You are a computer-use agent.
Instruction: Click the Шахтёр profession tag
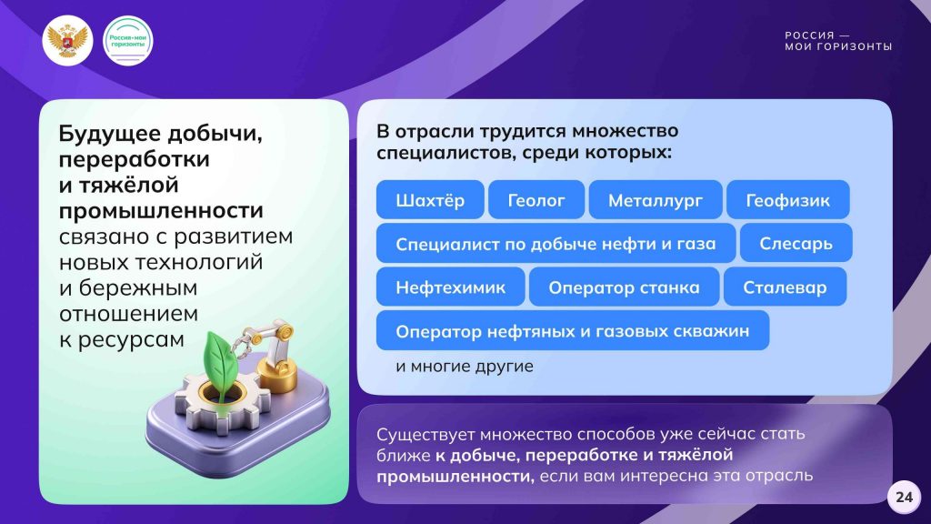pyautogui.click(x=430, y=199)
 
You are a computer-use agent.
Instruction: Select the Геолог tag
pyautogui.click(x=536, y=199)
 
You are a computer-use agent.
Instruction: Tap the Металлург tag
pyautogui.click(x=656, y=199)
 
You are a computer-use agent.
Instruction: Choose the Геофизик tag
pyautogui.click(x=788, y=199)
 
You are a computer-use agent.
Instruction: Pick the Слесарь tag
pyautogui.click(x=796, y=243)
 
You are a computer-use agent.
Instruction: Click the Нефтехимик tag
pyautogui.click(x=451, y=287)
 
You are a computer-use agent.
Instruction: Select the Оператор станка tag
pyautogui.click(x=624, y=287)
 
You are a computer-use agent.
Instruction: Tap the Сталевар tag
pyautogui.click(x=785, y=287)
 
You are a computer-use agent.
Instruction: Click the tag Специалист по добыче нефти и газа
pyautogui.click(x=556, y=243)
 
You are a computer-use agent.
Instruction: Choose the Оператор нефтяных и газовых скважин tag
pyautogui.click(x=573, y=330)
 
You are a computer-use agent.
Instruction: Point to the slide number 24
pyautogui.click(x=904, y=497)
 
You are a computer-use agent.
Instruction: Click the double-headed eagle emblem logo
pyautogui.click(x=67, y=40)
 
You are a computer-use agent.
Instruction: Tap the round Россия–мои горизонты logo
pyautogui.click(x=128, y=40)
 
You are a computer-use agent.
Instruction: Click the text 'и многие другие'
pyautogui.click(x=465, y=366)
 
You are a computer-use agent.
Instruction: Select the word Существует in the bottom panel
pyautogui.click(x=425, y=434)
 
